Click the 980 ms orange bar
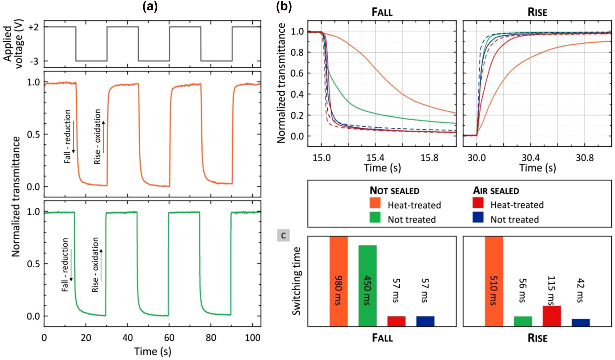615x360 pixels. pos(338,281)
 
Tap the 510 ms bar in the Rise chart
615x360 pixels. pos(494,281)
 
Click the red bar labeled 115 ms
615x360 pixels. pos(552,316)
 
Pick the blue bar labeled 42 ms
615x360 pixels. pos(581,322)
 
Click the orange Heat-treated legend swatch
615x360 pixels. pos(375,203)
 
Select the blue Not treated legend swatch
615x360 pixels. pos(478,218)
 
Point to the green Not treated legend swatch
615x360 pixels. pos(375,218)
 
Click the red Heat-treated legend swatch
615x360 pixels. pos(478,203)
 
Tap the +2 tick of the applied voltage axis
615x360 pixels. pos(34,27)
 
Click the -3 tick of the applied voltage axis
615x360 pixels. pos(34,61)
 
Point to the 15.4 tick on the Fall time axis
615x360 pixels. pos(375,158)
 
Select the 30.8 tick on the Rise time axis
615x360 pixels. pos(585,158)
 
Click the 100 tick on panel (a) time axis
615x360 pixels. pos(253,338)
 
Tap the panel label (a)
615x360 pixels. pos(150,6)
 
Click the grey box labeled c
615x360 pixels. pos(283,235)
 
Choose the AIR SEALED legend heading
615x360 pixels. pos(496,191)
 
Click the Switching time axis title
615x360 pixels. pos(296,281)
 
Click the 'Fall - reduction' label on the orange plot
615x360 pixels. pos(68,136)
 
